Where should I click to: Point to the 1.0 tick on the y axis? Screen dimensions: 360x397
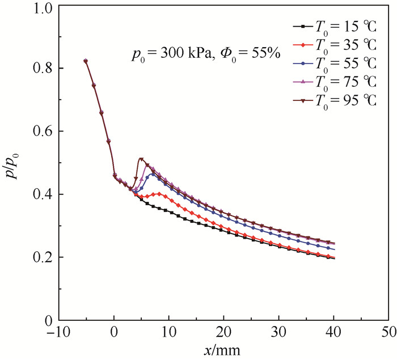point(44,9)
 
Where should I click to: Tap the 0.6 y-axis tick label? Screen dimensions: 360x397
point(44,132)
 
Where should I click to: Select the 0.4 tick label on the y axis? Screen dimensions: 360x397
point(44,195)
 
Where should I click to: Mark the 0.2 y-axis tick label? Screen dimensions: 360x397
point(44,258)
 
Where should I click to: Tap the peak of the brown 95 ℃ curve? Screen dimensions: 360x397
point(141,159)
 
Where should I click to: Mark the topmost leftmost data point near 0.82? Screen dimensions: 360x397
point(86,61)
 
